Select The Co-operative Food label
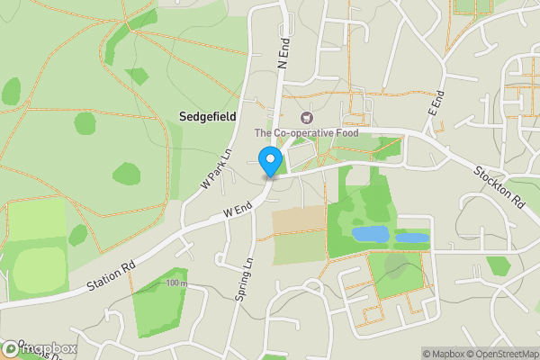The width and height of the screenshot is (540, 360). [x=307, y=133]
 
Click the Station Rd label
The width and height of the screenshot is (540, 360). [x=112, y=276]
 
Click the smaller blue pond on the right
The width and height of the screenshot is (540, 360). [x=412, y=238]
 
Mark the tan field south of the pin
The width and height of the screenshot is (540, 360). [x=298, y=219]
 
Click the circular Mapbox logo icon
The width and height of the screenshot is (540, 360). [x=10, y=347]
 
